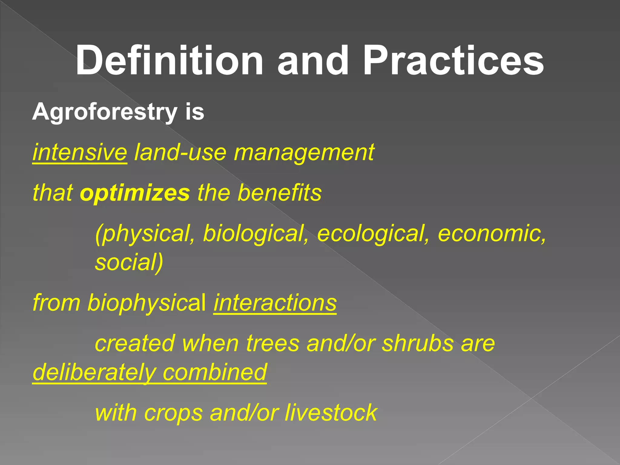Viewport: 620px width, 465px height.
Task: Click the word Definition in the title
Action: click(170, 61)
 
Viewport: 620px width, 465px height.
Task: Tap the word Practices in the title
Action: click(453, 61)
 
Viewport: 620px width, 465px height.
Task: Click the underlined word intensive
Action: click(80, 152)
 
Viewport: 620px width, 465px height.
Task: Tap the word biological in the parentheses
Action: click(256, 234)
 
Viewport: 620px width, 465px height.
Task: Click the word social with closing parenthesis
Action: click(129, 262)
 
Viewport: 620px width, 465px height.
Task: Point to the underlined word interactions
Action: click(275, 303)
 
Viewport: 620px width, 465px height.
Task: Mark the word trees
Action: click(273, 344)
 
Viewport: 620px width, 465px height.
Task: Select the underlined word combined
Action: click(215, 372)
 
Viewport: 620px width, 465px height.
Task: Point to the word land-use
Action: click(180, 152)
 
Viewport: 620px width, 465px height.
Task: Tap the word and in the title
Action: click(313, 61)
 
